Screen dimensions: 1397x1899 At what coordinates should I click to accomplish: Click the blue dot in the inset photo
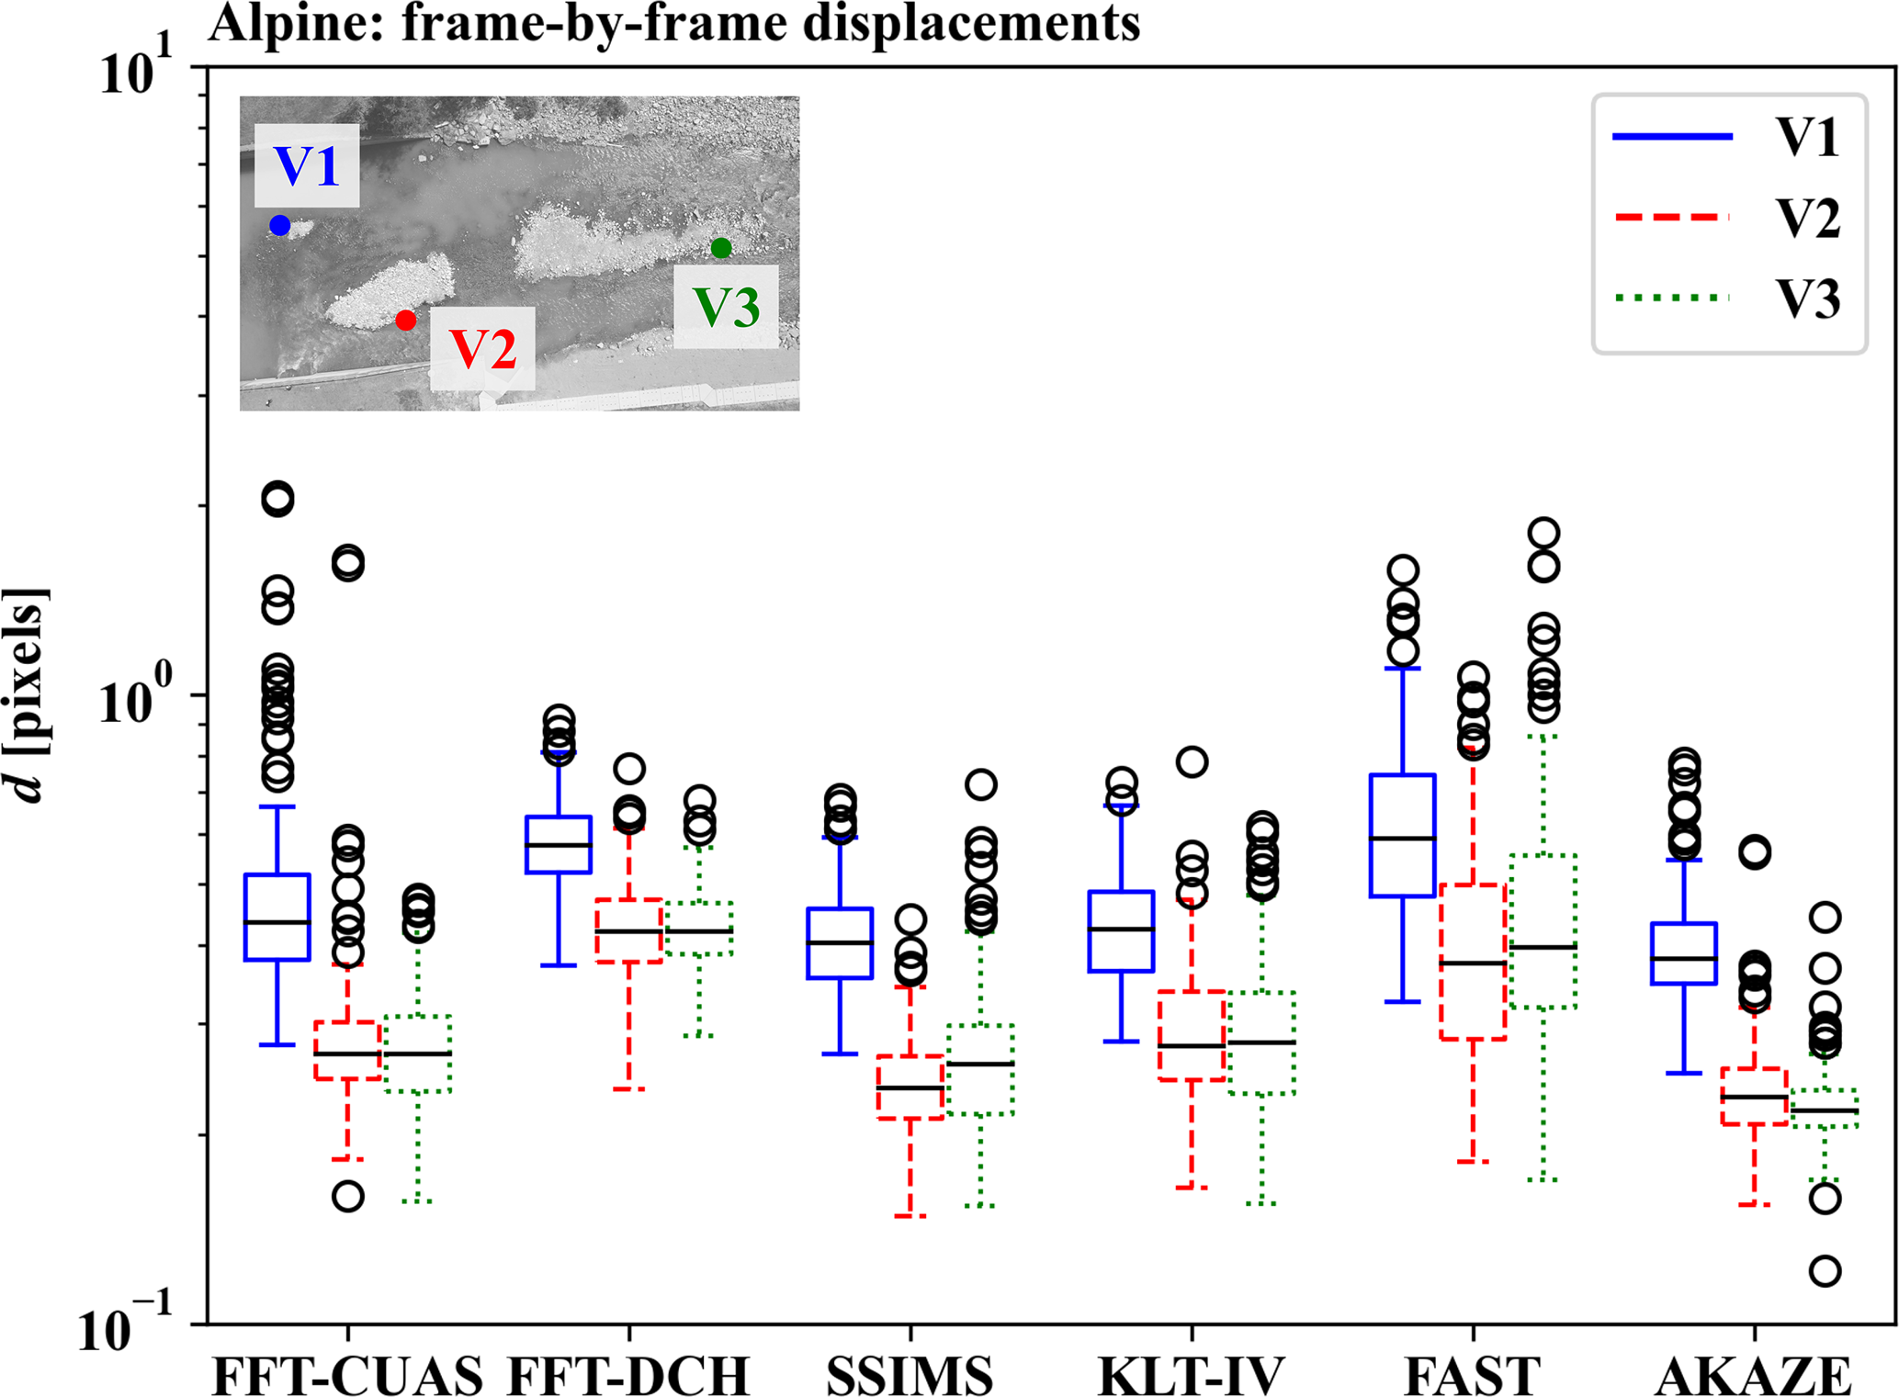[280, 225]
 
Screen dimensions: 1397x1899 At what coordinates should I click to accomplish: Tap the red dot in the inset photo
[406, 320]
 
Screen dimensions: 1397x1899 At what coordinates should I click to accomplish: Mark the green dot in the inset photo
[721, 248]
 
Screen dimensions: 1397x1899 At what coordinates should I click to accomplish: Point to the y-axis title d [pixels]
[28, 695]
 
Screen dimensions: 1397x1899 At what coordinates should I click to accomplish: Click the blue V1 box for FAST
[1402, 835]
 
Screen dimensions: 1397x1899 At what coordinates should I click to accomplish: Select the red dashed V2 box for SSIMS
[910, 1087]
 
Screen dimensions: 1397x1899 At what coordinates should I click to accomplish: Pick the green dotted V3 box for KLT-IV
[1262, 1042]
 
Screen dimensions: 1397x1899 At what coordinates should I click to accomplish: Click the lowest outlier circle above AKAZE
[1825, 1271]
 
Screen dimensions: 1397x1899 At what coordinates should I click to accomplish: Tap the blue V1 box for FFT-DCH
[558, 844]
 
